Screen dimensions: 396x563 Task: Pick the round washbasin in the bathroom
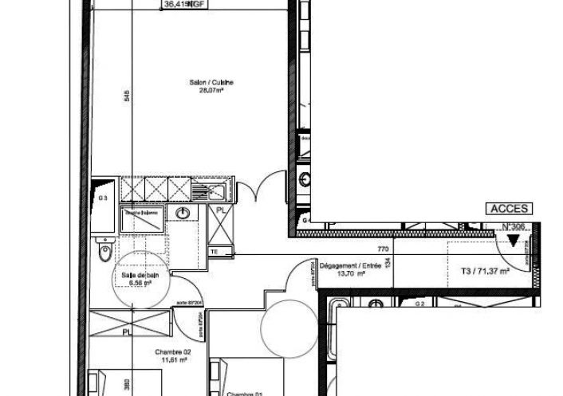click(x=183, y=213)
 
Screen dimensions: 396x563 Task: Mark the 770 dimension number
click(x=382, y=249)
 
